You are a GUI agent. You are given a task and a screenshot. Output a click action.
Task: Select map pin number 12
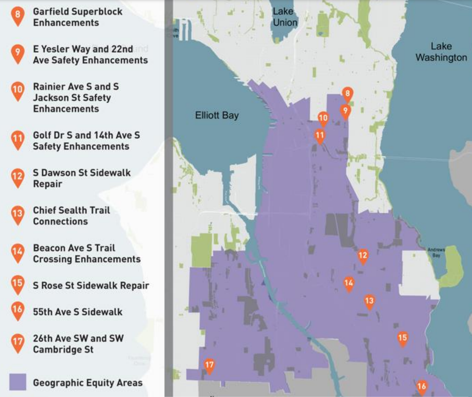363,256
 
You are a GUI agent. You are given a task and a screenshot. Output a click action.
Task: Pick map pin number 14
349,283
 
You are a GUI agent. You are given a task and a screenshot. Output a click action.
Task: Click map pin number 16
422,386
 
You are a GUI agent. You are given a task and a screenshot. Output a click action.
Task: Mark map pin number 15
403,338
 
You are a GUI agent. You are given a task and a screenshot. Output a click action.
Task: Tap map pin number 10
323,118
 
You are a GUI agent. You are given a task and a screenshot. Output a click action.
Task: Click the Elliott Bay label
217,115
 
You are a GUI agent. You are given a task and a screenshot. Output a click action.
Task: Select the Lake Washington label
441,52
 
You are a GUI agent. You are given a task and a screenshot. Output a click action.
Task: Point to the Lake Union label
284,17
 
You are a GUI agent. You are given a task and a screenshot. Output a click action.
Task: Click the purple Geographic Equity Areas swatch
17,382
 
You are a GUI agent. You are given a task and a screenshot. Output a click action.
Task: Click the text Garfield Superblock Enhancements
78,17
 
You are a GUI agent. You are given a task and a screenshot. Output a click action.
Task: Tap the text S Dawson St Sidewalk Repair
82,178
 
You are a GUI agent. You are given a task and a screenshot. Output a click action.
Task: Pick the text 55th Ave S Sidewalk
78,312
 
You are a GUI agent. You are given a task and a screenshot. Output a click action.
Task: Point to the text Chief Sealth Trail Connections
71,216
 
